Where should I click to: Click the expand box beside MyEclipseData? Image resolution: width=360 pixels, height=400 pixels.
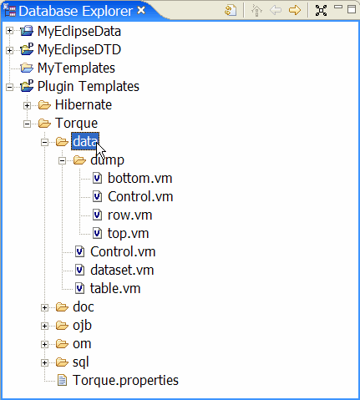(9, 30)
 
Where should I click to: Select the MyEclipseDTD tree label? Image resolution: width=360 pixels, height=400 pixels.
(79, 50)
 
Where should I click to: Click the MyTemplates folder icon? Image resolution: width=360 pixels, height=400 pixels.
(27, 68)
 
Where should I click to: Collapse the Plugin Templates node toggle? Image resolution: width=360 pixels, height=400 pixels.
(9, 87)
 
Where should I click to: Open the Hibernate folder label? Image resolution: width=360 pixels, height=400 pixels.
(84, 105)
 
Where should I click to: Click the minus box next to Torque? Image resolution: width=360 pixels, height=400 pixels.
(27, 124)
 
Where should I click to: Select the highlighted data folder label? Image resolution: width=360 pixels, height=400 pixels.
(85, 141)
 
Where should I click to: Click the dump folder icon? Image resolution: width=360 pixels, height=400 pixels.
(79, 160)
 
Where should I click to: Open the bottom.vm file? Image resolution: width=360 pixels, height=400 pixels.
(139, 179)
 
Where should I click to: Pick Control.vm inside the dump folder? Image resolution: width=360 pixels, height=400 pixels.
(140, 197)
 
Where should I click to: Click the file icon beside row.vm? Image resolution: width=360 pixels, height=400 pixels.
(97, 215)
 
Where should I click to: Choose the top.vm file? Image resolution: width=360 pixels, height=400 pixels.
(128, 234)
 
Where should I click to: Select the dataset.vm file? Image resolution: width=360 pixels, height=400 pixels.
(122, 271)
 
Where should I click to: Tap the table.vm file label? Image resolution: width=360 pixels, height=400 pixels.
(115, 289)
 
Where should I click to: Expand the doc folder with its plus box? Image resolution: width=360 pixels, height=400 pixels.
(44, 307)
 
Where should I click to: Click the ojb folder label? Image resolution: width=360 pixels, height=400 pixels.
(82, 326)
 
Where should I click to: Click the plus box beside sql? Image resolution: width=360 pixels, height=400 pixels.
(44, 362)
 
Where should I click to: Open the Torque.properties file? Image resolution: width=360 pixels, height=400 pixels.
(125, 381)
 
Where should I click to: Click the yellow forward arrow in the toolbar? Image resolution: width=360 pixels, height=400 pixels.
(295, 10)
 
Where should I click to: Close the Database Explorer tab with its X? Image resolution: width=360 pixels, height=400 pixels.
(141, 10)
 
